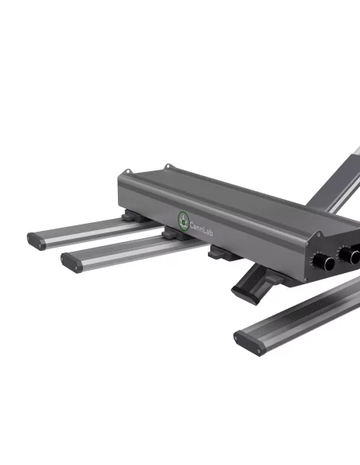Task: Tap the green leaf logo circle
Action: point(184,217)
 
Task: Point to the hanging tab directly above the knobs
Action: point(319,236)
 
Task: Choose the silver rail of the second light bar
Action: point(119,250)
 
